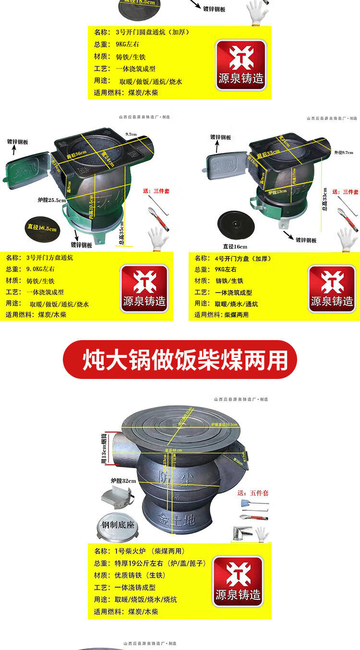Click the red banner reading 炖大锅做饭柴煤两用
pos(180,360)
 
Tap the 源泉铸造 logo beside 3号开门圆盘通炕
pos(240,63)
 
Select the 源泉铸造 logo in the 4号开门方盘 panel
pos(332,288)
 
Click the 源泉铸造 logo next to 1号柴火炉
pos(239,580)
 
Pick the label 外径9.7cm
pos(343,153)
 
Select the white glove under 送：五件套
pos(262,534)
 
